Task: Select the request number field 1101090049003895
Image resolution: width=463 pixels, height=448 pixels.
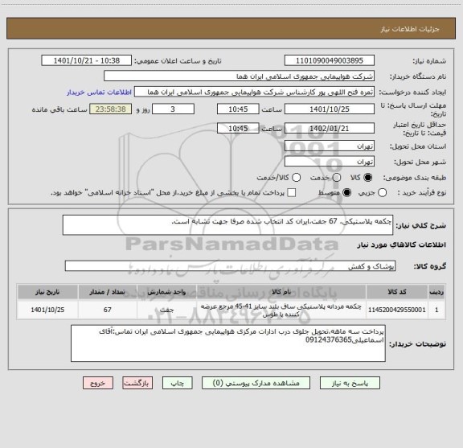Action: tap(330, 60)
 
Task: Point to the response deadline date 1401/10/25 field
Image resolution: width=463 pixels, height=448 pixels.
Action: tap(330, 109)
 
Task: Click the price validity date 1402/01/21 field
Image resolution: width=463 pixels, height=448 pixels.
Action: tap(330, 127)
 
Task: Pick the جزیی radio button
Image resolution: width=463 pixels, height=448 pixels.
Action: tap(383, 193)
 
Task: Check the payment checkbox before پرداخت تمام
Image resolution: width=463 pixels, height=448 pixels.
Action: tap(292, 193)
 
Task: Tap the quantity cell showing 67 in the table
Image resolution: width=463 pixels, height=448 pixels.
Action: tap(107, 309)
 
